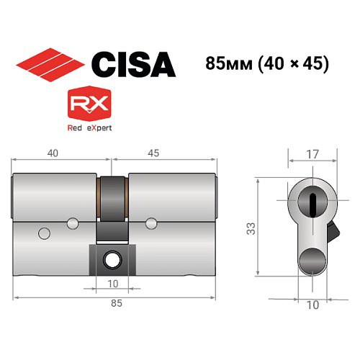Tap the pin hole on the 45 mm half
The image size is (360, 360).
(151, 220)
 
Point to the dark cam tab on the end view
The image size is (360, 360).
(333, 232)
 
